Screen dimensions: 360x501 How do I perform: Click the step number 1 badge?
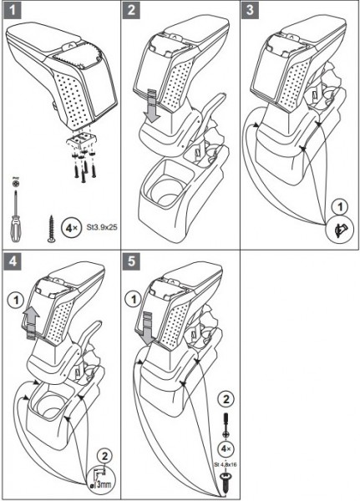[13, 10]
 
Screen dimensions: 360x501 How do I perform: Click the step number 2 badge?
[131, 10]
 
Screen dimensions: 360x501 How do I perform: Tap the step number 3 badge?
[250, 10]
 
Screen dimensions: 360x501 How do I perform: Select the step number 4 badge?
[13, 261]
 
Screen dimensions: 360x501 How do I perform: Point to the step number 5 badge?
[131, 261]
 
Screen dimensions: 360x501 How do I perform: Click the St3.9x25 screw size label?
[102, 227]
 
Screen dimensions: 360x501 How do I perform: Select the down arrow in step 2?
[153, 105]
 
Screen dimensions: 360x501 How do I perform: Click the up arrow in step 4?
[31, 322]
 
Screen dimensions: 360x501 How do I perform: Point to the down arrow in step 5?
[148, 330]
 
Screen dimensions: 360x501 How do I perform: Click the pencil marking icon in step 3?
[341, 230]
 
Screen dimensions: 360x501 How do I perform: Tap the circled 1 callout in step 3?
[340, 207]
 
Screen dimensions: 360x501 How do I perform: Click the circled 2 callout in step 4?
[105, 457]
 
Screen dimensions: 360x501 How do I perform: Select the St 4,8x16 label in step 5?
[226, 464]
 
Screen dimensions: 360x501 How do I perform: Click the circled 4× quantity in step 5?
[226, 449]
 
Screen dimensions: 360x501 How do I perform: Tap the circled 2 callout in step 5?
[226, 399]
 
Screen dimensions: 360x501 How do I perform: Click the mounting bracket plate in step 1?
[82, 140]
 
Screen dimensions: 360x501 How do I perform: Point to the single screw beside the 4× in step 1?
[51, 229]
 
